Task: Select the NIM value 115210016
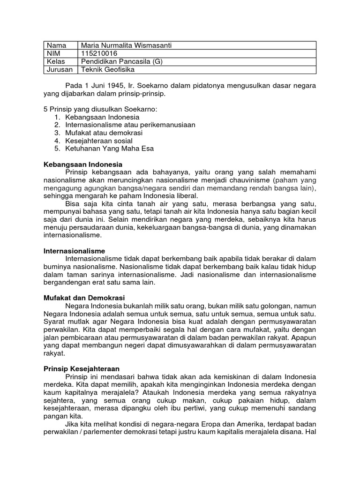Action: [99, 53]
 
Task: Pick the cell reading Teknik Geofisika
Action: [108, 69]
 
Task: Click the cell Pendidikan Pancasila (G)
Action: [121, 61]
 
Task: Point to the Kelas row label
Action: [56, 61]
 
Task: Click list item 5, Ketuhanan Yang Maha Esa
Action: [110, 149]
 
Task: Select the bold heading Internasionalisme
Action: [75, 251]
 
